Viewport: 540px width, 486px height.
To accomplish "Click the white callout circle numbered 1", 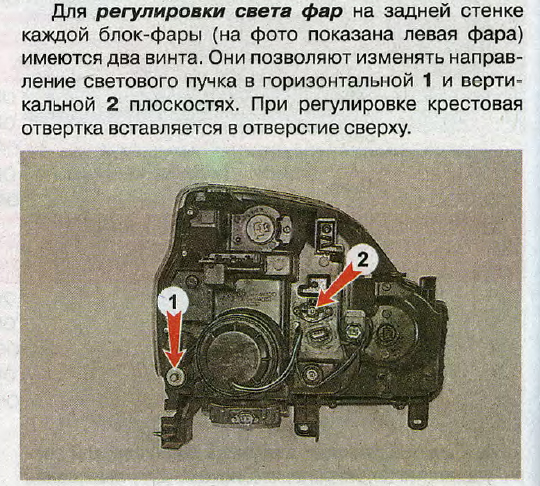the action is [173, 302].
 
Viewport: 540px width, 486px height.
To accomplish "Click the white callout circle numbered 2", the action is [362, 259].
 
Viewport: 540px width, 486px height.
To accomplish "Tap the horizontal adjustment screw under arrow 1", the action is [176, 376].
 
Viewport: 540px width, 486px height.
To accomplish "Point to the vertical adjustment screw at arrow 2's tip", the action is [312, 311].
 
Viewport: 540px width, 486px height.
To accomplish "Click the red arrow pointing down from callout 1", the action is [175, 339].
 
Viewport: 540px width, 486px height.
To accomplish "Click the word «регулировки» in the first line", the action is [161, 13].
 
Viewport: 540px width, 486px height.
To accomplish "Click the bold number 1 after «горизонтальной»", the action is [427, 81].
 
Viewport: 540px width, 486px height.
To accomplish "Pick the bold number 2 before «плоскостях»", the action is [112, 104].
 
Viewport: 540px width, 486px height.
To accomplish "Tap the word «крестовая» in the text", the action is [475, 104].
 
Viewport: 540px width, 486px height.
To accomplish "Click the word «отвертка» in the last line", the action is [62, 128].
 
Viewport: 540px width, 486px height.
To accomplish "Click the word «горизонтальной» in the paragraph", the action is [338, 82].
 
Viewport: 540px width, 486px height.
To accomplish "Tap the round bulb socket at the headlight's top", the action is [259, 227].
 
